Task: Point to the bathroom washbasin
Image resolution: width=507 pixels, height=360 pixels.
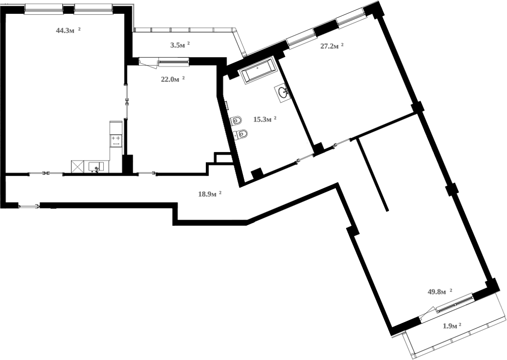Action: point(283,92)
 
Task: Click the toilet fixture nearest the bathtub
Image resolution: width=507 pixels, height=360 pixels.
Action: point(236,120)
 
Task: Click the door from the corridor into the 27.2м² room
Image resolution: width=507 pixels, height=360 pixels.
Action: point(343,142)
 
